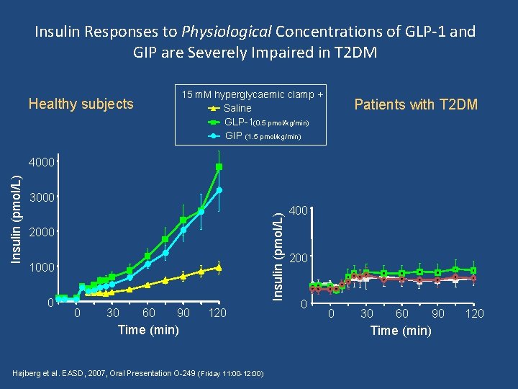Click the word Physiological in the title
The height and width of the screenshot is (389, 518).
click(x=227, y=32)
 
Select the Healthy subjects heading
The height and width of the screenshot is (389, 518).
click(x=81, y=104)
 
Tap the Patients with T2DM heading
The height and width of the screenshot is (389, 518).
click(x=416, y=105)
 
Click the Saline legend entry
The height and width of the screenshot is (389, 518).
click(x=237, y=108)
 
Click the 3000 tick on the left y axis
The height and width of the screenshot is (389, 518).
click(x=42, y=197)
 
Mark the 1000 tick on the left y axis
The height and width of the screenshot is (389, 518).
click(x=42, y=267)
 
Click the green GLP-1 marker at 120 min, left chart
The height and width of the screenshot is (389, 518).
click(x=219, y=167)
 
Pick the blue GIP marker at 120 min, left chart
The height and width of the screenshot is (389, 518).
click(x=219, y=190)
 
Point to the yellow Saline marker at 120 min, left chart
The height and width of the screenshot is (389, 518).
click(x=219, y=267)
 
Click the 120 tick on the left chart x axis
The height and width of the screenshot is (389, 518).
click(x=218, y=313)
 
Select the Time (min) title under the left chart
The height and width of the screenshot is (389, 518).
click(x=147, y=330)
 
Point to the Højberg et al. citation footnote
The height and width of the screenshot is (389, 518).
click(x=139, y=374)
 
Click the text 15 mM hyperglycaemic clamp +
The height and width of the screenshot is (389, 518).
click(x=252, y=94)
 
